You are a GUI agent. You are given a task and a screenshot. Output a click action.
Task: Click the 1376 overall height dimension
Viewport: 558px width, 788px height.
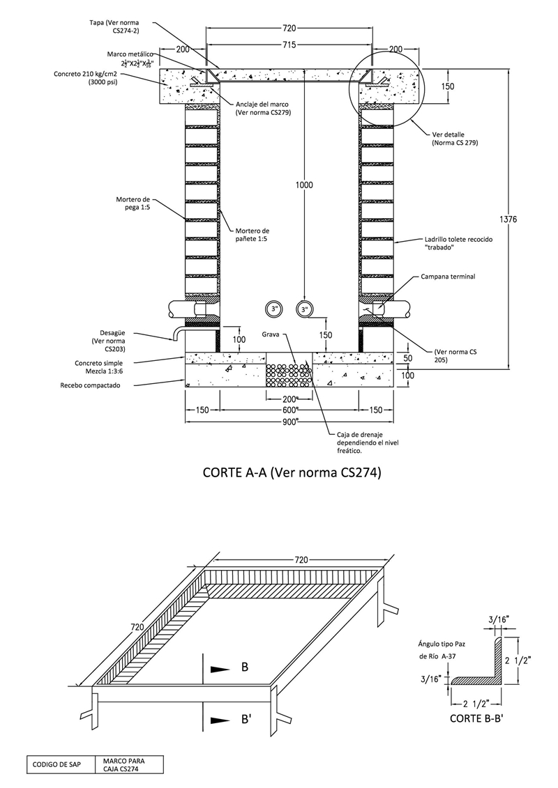click(x=508, y=219)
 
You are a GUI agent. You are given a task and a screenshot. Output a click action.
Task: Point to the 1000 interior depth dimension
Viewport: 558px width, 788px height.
click(x=303, y=185)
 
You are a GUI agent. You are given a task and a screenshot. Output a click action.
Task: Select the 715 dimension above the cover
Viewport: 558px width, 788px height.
click(x=289, y=45)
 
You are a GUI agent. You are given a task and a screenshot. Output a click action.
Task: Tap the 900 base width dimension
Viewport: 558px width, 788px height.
click(x=289, y=422)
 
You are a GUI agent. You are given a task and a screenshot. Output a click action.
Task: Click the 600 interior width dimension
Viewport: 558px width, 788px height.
click(x=289, y=410)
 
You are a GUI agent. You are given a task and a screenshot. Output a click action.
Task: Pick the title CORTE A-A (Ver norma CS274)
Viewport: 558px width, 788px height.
click(x=292, y=472)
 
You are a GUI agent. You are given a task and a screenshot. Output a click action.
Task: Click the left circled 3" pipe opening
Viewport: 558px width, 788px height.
click(x=274, y=309)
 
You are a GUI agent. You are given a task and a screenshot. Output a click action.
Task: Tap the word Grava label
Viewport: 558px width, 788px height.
click(x=271, y=334)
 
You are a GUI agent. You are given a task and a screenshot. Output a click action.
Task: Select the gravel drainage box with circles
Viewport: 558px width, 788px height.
click(x=289, y=375)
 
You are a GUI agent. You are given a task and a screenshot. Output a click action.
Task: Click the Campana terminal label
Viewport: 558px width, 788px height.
click(x=448, y=277)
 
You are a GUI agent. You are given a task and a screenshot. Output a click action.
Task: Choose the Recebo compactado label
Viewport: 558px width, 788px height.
click(x=90, y=385)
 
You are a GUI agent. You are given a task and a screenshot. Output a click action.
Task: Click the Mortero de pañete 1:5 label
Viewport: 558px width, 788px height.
click(x=252, y=235)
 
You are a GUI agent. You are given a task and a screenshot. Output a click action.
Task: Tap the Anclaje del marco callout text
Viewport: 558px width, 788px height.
click(x=263, y=109)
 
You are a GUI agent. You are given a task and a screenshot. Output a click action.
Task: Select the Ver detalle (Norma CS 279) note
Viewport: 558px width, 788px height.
click(x=455, y=139)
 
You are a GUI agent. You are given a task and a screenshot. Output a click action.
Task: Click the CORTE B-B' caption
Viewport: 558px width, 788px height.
click(x=476, y=718)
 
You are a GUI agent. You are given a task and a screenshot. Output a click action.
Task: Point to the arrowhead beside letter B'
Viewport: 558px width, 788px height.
click(x=219, y=720)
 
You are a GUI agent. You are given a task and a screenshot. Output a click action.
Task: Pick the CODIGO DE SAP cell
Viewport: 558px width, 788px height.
click(x=60, y=765)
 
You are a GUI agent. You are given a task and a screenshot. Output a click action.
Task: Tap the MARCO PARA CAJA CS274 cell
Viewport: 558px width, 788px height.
click(x=129, y=765)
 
